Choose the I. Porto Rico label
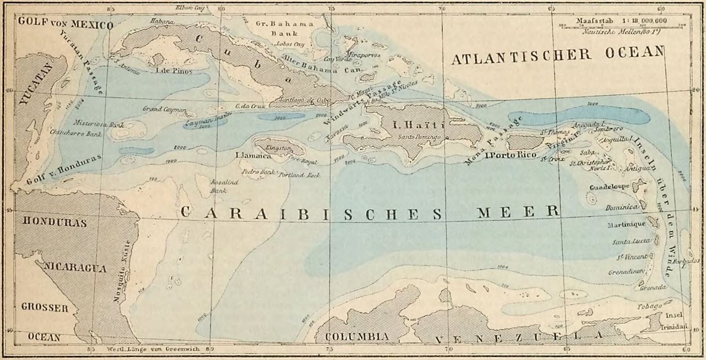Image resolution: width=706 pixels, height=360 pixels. point(510,155)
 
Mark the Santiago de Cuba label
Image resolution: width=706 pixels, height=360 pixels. point(298,99)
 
